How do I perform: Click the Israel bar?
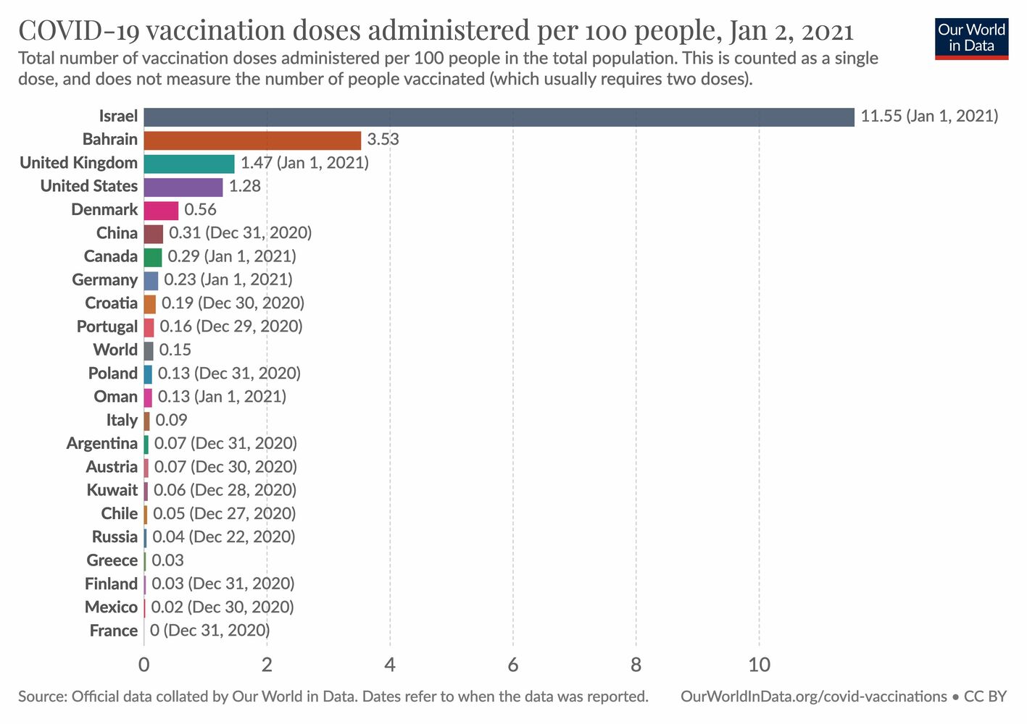tap(499, 117)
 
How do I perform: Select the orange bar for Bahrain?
tap(252, 140)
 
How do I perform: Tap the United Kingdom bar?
tap(189, 164)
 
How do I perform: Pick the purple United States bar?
tap(183, 187)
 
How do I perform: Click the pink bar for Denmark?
tap(161, 210)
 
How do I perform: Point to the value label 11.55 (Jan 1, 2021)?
tap(929, 117)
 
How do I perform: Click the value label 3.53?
tap(383, 140)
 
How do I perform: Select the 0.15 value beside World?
tap(175, 350)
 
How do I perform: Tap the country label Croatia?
tap(111, 303)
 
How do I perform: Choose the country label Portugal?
tap(107, 327)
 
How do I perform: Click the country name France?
tap(113, 631)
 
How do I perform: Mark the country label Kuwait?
tap(112, 490)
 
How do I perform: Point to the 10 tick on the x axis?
tap(759, 665)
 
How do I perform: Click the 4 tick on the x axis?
tap(390, 665)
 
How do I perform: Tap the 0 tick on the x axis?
tap(144, 665)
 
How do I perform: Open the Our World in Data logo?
tap(971, 38)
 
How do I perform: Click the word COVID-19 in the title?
tap(80, 31)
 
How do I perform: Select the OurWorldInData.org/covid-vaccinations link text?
tap(813, 696)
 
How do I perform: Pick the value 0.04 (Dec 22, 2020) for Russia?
tap(223, 537)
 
